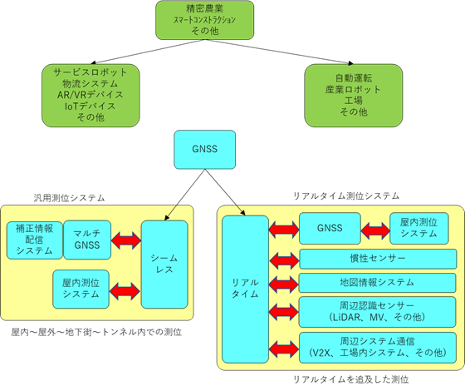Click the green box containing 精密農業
click(204, 20)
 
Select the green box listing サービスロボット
click(91, 96)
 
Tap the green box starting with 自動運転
click(354, 96)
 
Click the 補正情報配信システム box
click(35, 240)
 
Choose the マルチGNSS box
click(87, 240)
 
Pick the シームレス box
click(164, 265)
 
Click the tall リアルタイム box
click(245, 290)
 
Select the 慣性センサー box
click(378, 259)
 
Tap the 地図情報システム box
click(377, 283)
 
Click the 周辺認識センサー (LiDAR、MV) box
click(377, 312)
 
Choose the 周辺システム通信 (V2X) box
click(378, 348)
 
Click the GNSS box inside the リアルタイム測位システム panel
click(330, 228)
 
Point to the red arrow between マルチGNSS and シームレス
click(126, 240)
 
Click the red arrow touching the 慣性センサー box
click(284, 260)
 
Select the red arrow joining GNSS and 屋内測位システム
click(375, 230)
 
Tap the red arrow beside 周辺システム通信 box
click(284, 349)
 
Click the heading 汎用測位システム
click(69, 198)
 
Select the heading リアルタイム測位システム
click(346, 196)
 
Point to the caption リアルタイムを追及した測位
click(351, 379)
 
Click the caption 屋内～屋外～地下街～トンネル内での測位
click(96, 332)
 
